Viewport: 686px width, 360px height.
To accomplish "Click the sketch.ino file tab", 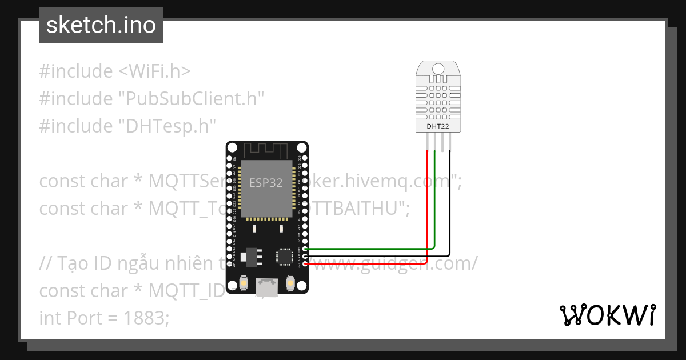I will click(x=101, y=25).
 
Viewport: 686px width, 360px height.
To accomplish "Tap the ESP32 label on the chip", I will click(x=266, y=183).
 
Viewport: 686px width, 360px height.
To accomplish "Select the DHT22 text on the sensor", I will click(x=438, y=126).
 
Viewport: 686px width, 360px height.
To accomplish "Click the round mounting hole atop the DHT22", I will click(x=438, y=69).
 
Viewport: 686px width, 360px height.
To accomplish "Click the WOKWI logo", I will click(x=607, y=315).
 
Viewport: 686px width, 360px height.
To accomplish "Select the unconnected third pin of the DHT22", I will click(x=442, y=141).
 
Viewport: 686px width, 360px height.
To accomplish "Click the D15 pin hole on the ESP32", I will click(x=305, y=249).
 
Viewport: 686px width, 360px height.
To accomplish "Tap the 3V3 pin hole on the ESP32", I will click(x=305, y=263).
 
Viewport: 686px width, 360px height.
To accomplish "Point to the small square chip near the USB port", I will click(x=284, y=257).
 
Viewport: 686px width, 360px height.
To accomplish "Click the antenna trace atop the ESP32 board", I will click(x=266, y=150).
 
